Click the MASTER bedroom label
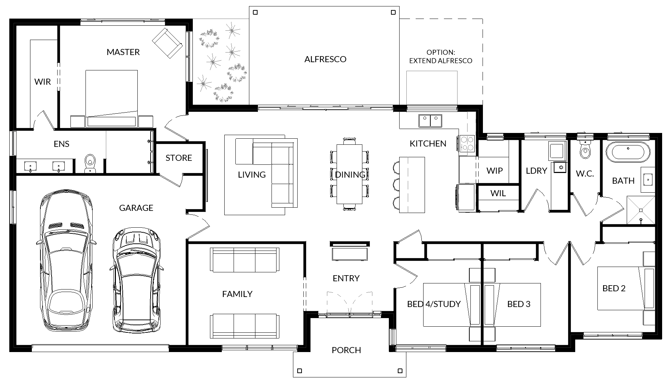pos(123,52)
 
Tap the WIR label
pos(43,82)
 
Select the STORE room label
pos(178,158)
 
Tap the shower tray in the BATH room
pos(641,210)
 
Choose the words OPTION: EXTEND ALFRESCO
pos(441,57)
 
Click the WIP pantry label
pos(494,171)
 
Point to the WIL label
pos(498,193)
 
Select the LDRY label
pos(536,171)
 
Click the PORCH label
pos(346,350)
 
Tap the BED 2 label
pos(614,288)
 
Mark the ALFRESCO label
pos(325,59)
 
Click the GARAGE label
pos(136,208)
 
